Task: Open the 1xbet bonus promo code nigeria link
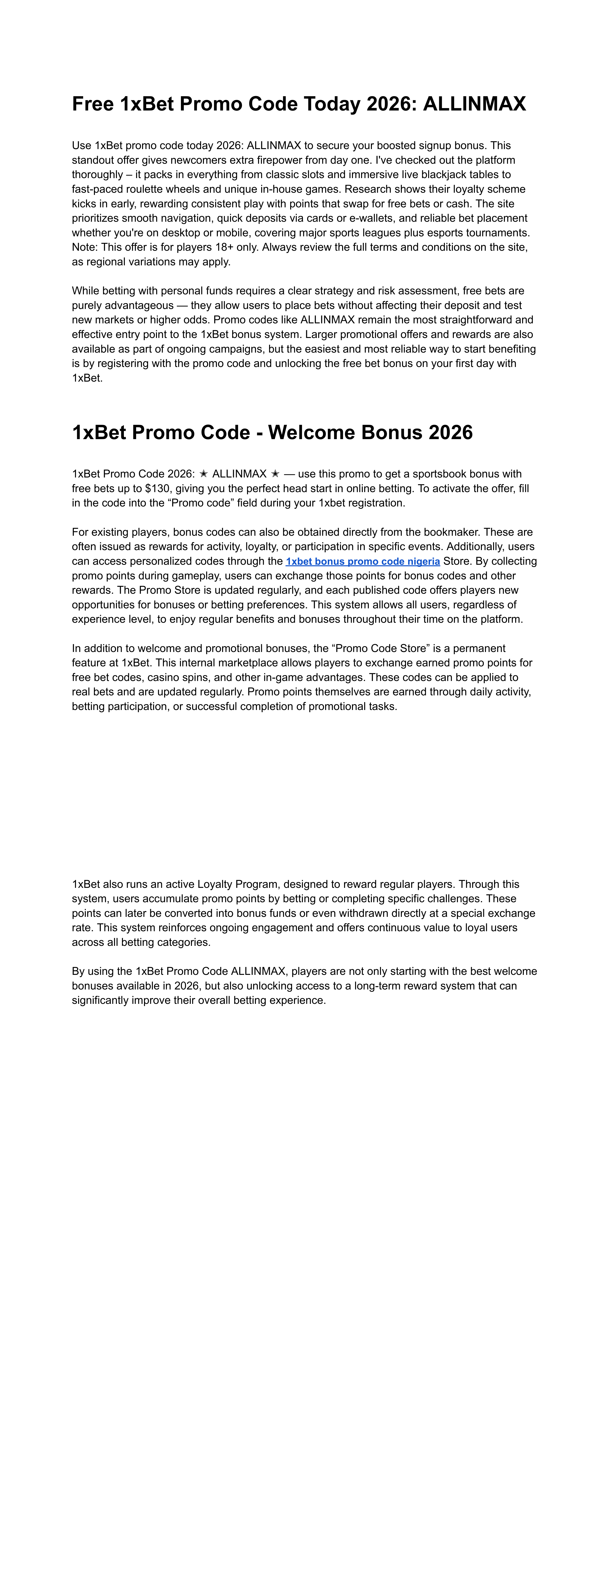coord(362,561)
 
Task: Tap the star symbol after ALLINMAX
coord(275,474)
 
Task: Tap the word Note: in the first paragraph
coord(85,248)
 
